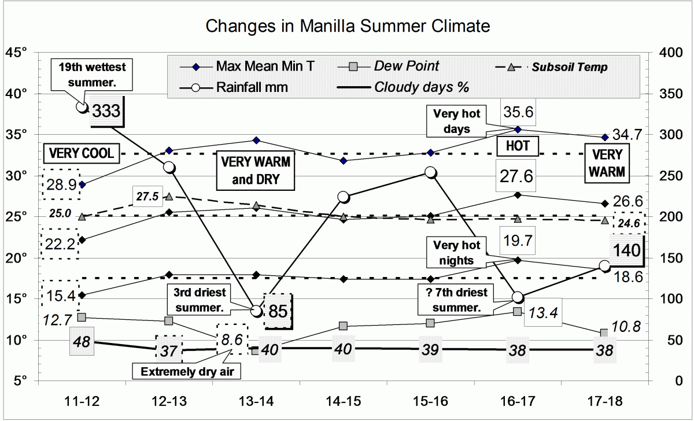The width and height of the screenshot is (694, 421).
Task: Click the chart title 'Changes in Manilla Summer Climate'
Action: pos(348,26)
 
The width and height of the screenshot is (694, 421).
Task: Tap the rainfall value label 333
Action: pos(106,110)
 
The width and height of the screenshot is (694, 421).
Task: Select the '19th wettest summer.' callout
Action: pos(92,75)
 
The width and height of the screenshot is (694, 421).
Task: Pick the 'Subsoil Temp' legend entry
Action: pos(570,67)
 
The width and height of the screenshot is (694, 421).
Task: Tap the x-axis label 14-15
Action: pos(344,401)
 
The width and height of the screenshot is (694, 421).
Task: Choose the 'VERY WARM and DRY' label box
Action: pos(255,171)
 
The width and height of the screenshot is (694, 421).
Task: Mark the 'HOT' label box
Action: pos(518,146)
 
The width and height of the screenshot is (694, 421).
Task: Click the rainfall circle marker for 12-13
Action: pos(169,167)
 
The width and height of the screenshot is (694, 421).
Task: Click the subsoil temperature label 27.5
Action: pos(147,195)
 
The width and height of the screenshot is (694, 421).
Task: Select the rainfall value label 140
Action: pos(627,250)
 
